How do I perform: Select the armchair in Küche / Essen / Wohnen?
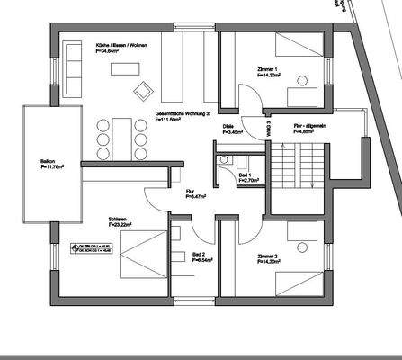(142, 89)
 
